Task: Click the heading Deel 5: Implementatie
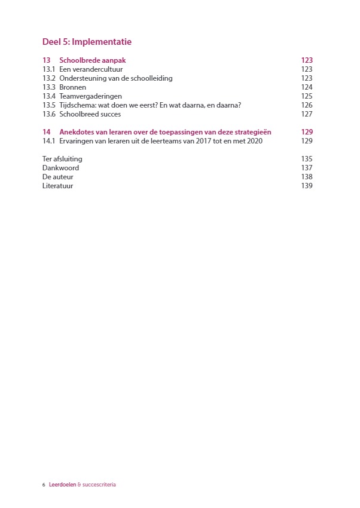[87, 42]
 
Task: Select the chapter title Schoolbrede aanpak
[93, 60]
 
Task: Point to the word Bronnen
[73, 87]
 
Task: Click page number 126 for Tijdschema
[307, 105]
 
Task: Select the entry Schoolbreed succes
[90, 114]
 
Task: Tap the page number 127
[307, 114]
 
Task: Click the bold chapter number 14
[47, 132]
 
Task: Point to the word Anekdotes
[77, 132]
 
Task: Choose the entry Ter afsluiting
[62, 159]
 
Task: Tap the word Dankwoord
[60, 168]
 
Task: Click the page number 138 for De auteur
[307, 177]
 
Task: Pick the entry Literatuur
[58, 186]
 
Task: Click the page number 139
[307, 186]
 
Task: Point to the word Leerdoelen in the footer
[62, 485]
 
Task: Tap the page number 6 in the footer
[44, 485]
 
